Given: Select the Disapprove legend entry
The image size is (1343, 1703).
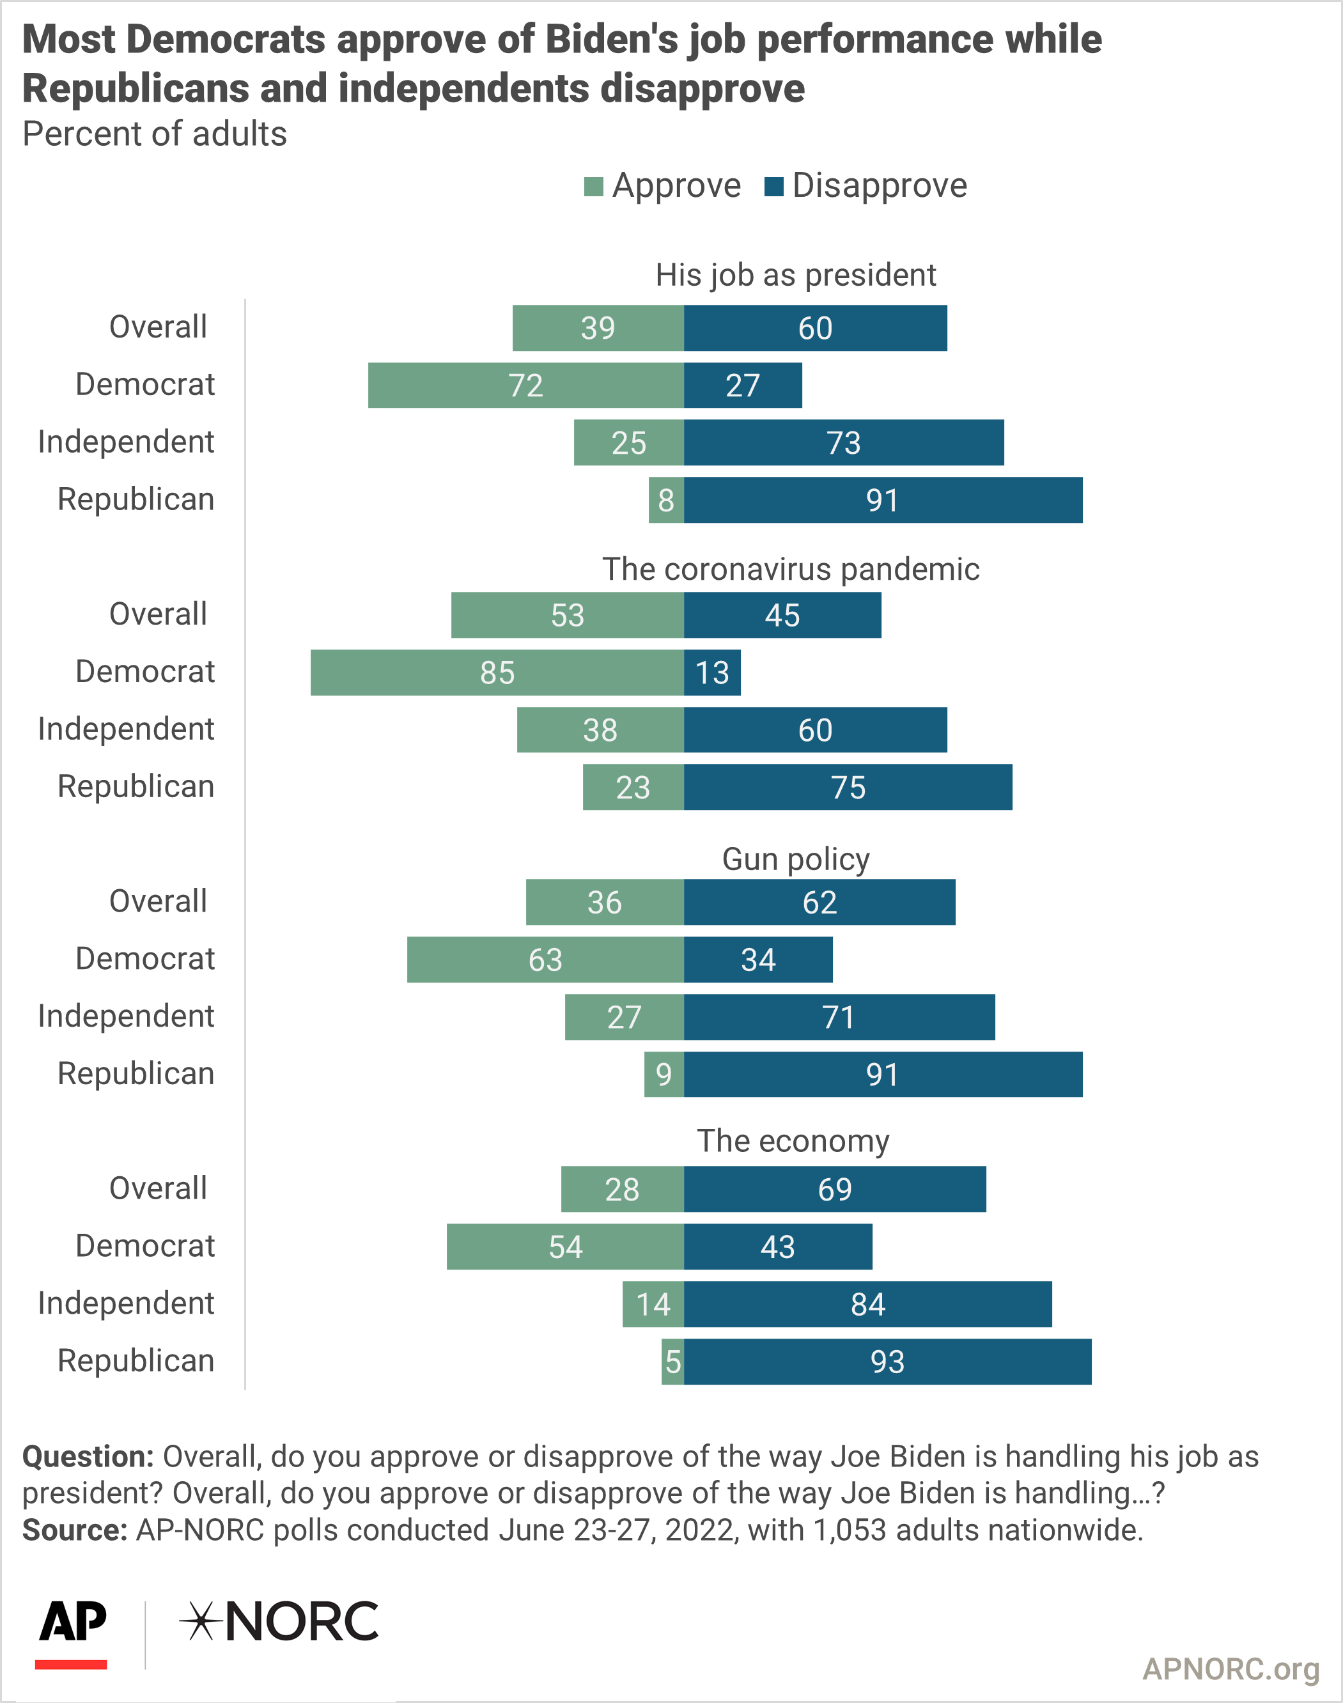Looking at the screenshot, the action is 866,186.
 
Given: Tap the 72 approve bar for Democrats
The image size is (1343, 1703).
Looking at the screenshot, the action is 526,385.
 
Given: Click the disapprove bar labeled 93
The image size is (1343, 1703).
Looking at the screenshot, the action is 888,1362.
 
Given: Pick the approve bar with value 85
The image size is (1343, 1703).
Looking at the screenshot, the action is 497,673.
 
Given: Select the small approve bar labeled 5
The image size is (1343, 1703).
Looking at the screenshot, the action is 672,1362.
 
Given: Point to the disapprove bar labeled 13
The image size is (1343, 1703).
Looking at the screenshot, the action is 712,673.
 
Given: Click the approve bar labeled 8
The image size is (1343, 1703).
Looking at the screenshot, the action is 666,500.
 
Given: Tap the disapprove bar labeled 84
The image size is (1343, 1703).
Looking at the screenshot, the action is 868,1304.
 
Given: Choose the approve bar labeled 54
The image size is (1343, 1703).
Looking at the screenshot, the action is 565,1247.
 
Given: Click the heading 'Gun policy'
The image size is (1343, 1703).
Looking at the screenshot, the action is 796,859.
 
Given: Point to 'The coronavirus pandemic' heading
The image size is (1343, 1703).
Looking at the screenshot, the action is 791,569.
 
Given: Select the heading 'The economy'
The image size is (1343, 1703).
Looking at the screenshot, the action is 793,1141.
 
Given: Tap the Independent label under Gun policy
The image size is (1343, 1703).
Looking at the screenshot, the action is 126,1016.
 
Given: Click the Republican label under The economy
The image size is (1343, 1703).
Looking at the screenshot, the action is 136,1360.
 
